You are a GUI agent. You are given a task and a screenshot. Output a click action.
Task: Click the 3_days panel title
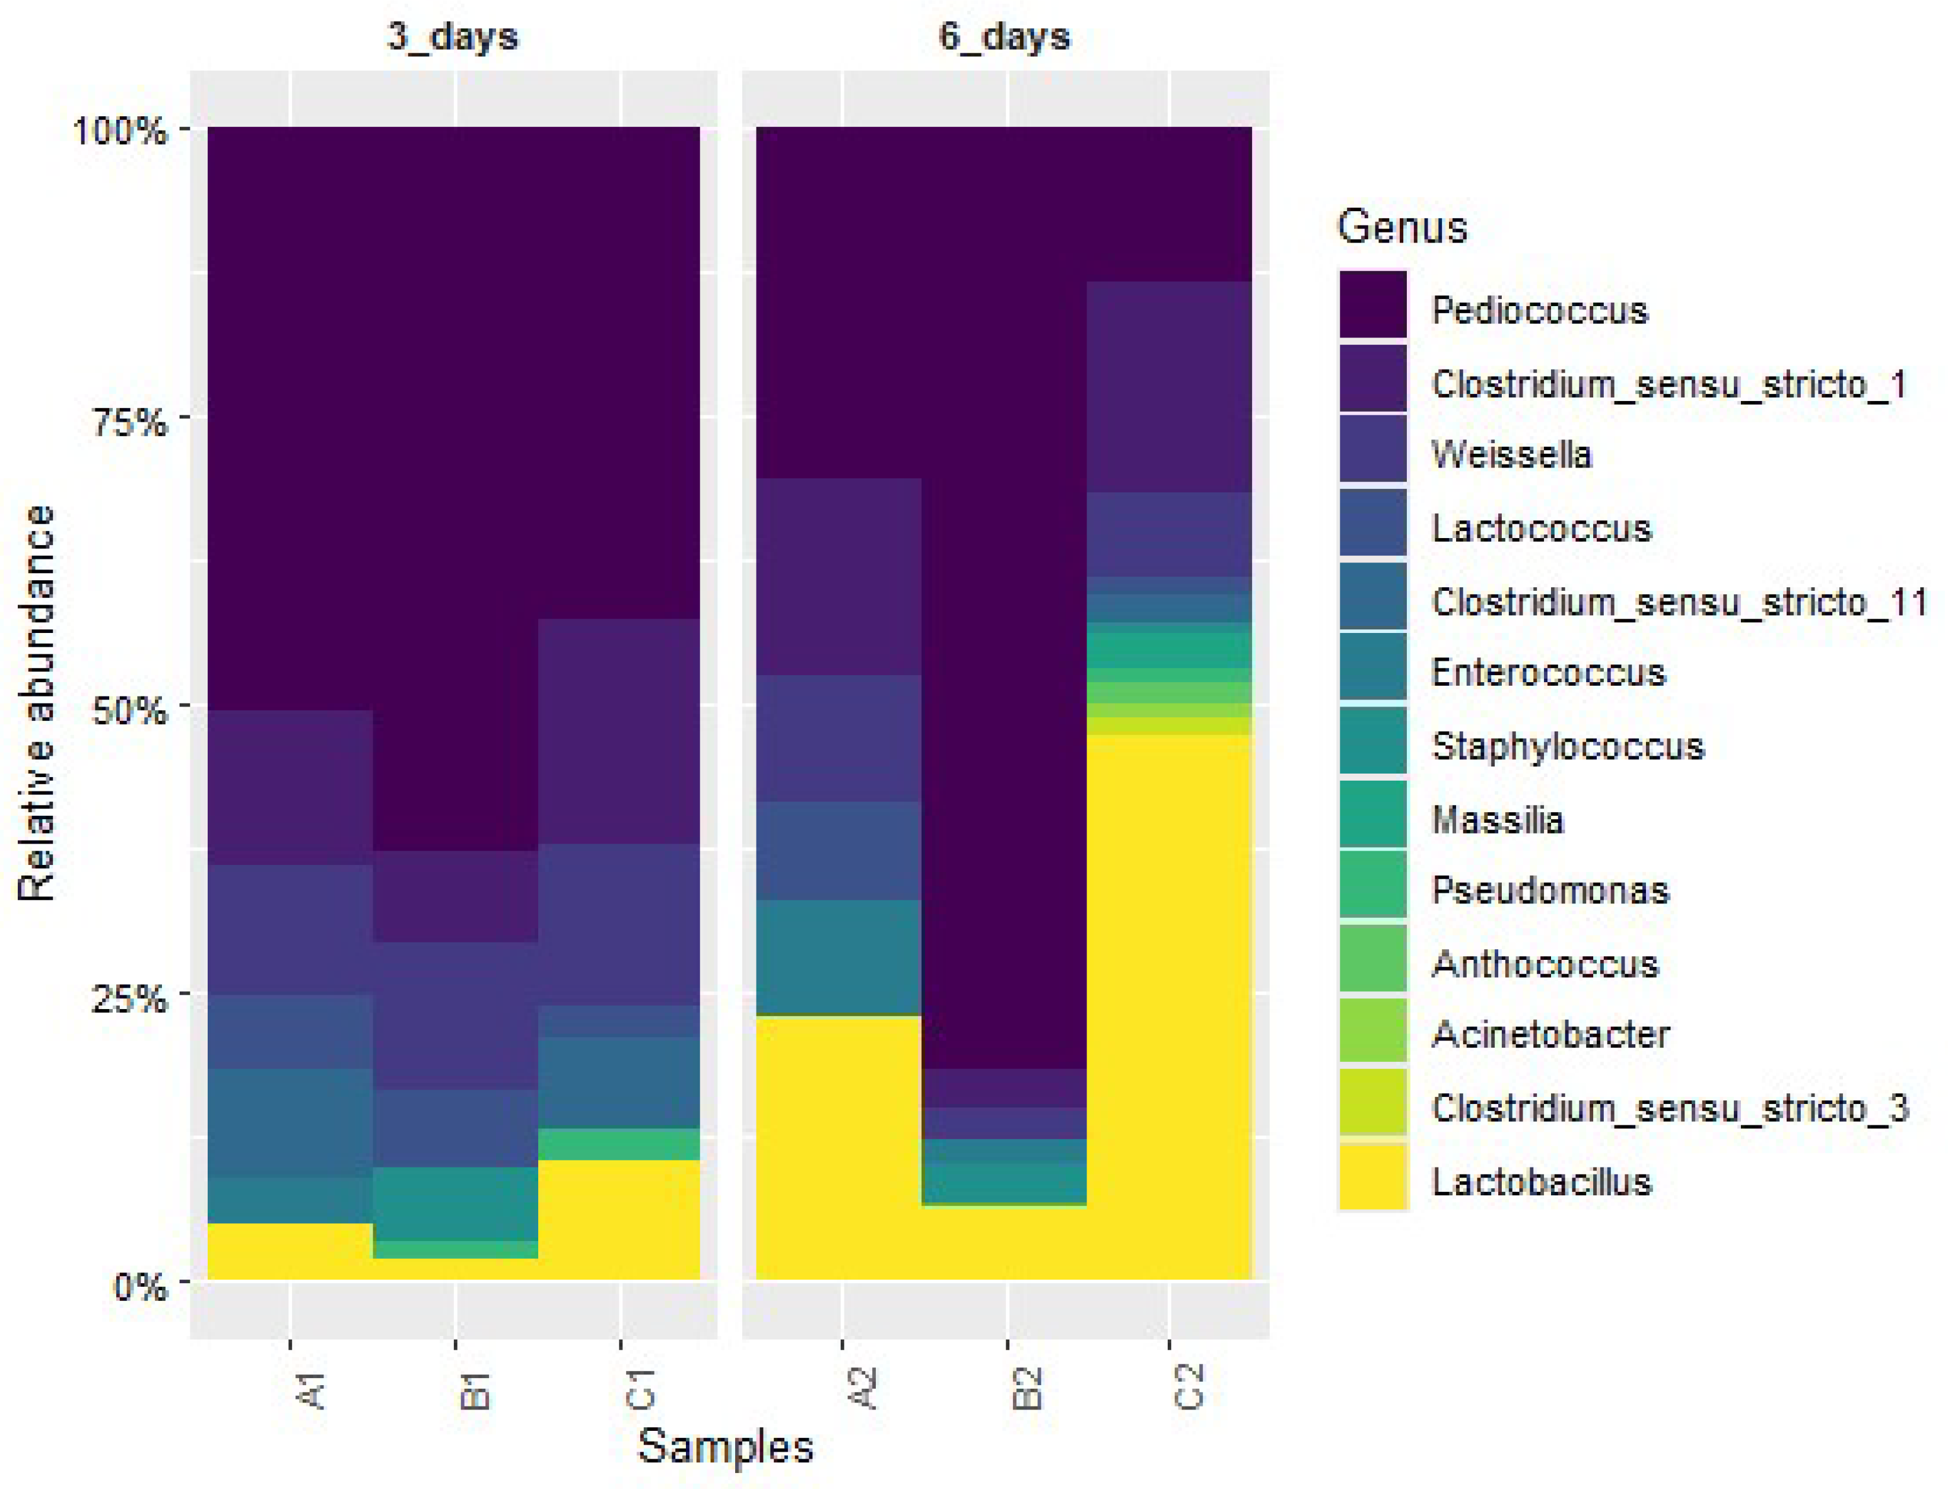coord(452,38)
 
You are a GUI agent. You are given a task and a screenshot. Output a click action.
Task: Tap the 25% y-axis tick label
coord(129,997)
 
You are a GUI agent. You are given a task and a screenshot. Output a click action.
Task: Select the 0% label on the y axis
coord(140,1285)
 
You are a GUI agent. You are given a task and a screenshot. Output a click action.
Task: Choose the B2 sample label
coord(1027,1388)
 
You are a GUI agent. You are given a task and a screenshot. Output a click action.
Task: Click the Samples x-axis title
coord(725,1446)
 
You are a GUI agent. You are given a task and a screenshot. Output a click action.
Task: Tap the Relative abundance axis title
coord(37,705)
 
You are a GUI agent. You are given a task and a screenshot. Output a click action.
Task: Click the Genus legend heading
coord(1401,227)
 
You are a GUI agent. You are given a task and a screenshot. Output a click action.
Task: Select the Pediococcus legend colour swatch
coord(1372,305)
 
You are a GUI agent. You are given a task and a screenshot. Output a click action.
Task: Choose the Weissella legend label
coord(1511,454)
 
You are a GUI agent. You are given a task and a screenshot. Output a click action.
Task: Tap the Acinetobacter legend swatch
coord(1372,1031)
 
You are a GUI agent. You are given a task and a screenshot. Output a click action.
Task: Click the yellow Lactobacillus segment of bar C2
coord(1169,1006)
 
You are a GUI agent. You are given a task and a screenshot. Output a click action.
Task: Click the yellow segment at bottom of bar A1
coord(290,1252)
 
